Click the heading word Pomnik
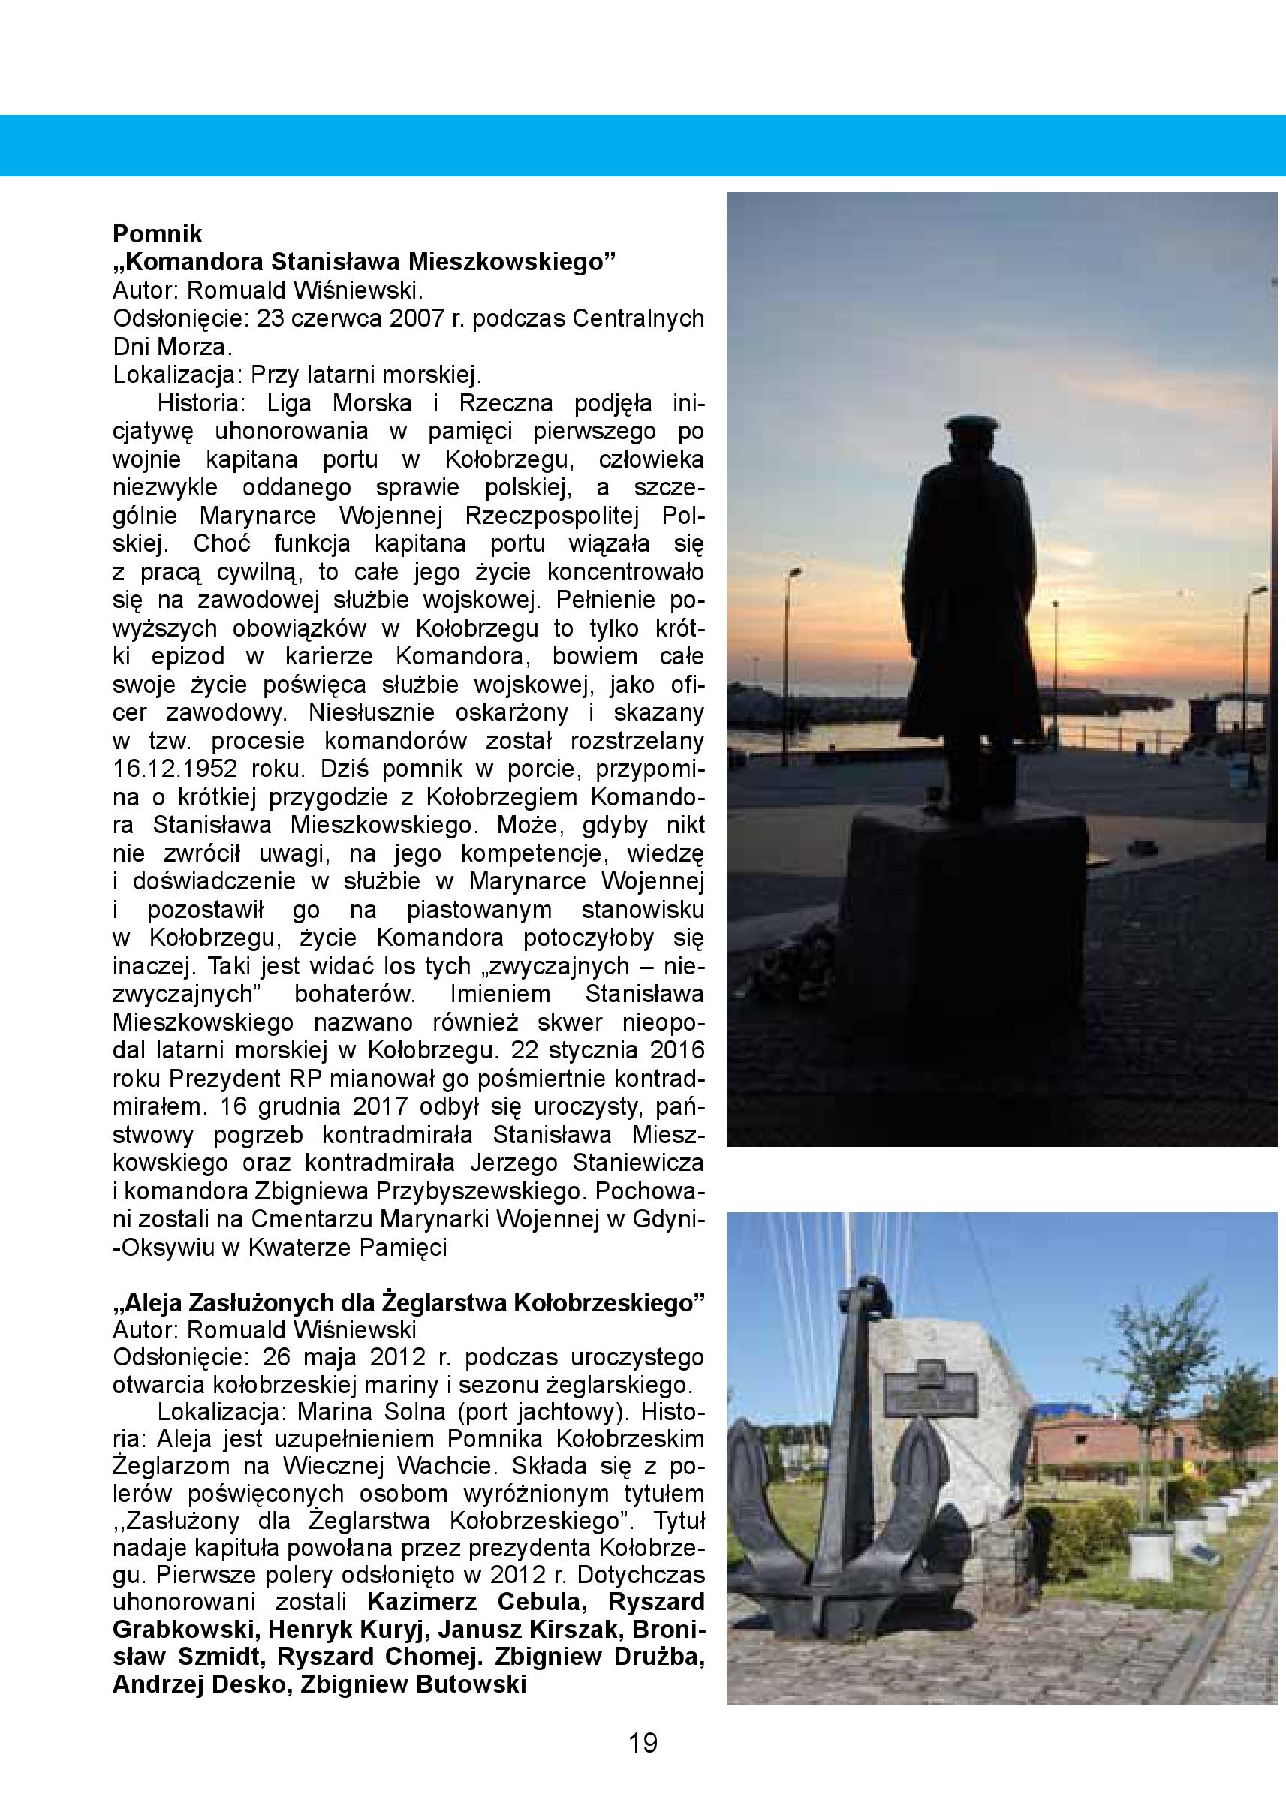coord(158,234)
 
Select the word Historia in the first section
coord(201,404)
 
